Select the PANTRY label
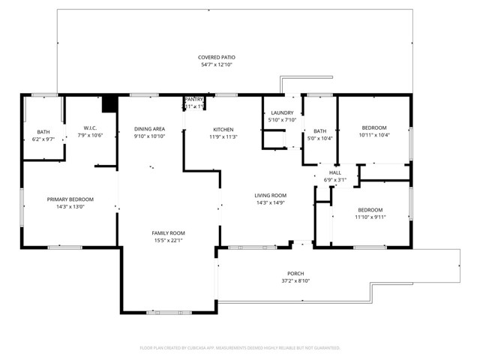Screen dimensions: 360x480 coord(194,99)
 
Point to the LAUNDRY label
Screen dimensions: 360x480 coord(282,112)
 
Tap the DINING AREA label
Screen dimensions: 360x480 coord(149,129)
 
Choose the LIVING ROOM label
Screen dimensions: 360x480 coord(271,195)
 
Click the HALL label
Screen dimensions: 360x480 coord(335,172)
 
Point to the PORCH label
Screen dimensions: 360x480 coord(295,274)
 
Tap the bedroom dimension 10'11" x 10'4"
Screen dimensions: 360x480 coord(373,135)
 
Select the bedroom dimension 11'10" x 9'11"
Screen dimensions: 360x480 coord(370,217)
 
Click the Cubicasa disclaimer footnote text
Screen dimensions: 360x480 coord(240,348)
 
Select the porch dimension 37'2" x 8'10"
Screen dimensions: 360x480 coord(295,281)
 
